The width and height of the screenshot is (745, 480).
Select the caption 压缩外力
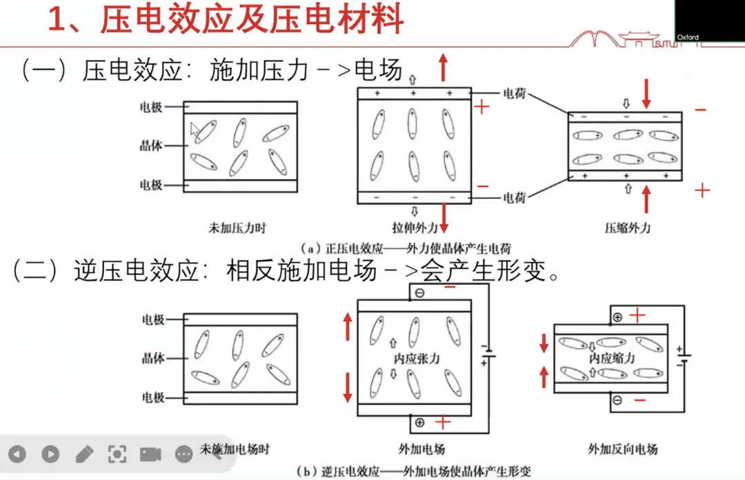point(627,228)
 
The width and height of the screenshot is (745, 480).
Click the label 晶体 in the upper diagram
point(151,146)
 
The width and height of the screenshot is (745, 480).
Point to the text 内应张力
point(417,359)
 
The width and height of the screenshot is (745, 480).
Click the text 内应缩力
point(611,359)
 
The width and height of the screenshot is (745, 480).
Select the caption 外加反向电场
point(622,449)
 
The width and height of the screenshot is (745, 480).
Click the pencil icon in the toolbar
point(84,454)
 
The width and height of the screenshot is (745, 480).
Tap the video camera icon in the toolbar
point(150,454)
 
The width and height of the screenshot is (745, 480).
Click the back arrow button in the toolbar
point(17,454)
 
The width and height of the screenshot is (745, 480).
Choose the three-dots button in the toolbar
point(183,454)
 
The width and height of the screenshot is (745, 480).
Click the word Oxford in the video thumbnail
point(688,37)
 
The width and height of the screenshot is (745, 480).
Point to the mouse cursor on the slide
point(195,130)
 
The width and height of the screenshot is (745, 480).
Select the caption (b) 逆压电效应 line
point(414,472)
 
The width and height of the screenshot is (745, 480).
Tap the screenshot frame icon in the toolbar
point(117,454)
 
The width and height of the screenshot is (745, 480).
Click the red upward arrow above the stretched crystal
point(443,67)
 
